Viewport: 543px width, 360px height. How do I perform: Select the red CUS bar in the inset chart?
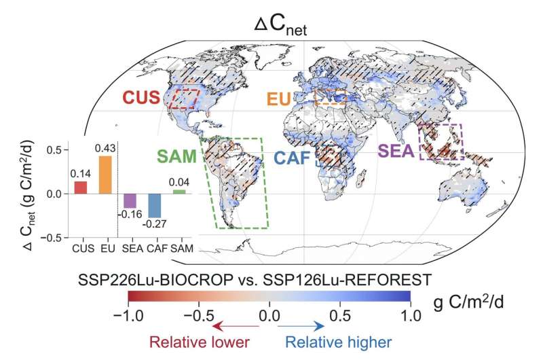[81, 187]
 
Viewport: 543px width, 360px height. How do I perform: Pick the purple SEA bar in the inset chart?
[130, 201]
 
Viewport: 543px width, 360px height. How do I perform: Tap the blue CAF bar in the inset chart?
[154, 206]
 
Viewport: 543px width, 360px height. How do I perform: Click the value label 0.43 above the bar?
[105, 149]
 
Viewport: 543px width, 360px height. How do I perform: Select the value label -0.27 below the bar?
[155, 223]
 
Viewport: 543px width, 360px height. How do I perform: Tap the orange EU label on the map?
[278, 99]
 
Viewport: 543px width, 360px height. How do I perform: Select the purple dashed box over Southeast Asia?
[441, 141]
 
